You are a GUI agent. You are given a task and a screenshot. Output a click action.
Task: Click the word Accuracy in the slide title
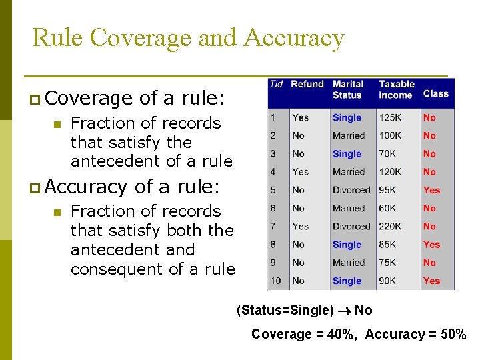coord(294,38)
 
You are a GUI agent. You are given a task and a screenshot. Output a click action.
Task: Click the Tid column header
coord(276,84)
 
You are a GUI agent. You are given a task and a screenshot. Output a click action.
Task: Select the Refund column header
coord(307,84)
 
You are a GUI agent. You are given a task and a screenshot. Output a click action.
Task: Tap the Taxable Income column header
coord(397,89)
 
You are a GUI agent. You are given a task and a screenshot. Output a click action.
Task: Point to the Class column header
coord(436,93)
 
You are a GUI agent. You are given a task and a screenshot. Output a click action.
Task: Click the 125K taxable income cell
coord(390,117)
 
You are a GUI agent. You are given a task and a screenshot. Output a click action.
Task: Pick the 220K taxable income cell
coord(391,226)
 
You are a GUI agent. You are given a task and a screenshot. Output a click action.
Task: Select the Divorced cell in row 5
coord(351,190)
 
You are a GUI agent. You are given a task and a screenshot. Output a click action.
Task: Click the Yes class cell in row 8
coord(431,245)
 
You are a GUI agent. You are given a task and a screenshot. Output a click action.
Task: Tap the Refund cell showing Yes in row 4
coord(300,172)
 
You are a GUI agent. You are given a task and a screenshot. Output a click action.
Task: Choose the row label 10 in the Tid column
coord(275,281)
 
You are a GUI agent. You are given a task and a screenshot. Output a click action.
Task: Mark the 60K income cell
coord(388,208)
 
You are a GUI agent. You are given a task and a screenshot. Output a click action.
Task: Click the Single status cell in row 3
coord(347,154)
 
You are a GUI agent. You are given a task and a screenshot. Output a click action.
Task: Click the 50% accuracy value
coord(453,334)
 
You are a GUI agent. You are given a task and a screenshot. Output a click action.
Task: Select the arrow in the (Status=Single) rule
coord(344,310)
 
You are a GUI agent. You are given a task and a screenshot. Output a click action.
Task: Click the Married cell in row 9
coord(349,263)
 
